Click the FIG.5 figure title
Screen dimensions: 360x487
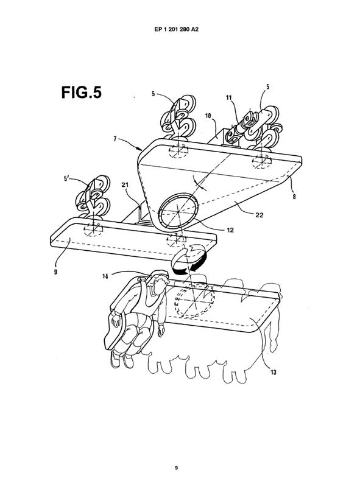[x=82, y=93]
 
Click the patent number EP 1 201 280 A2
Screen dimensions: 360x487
[x=176, y=29]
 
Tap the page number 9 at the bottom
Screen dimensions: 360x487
[x=176, y=468]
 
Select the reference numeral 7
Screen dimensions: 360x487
[x=115, y=139]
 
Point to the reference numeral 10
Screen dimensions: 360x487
[x=208, y=116]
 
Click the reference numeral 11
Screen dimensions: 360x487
[x=229, y=97]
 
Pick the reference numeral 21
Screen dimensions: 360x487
[x=125, y=185]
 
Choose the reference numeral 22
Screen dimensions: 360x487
[x=259, y=215]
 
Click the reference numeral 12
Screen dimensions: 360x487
[x=230, y=230]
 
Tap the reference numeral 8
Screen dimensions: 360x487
[x=295, y=196]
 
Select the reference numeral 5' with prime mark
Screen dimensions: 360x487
[x=66, y=178]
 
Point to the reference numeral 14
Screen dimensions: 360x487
[x=105, y=276]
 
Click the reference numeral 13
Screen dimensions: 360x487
[x=274, y=372]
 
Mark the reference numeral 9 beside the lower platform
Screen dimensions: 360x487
[x=55, y=273]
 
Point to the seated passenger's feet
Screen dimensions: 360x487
[x=122, y=360]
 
